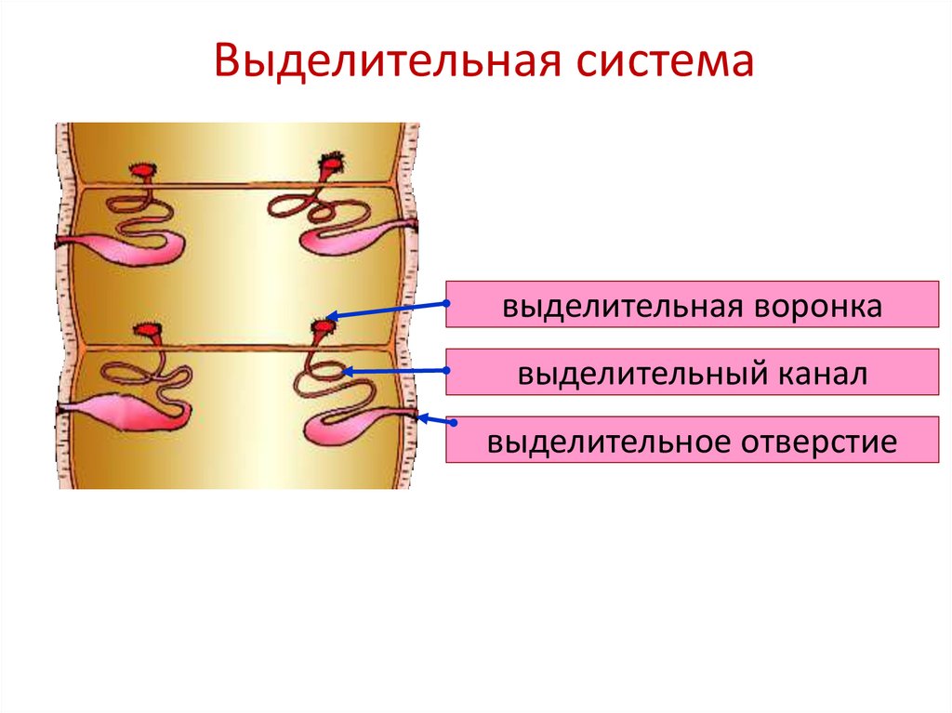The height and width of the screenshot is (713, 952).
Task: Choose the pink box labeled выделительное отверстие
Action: pyautogui.click(x=693, y=440)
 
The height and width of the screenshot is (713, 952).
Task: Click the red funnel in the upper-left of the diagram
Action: pyautogui.click(x=142, y=172)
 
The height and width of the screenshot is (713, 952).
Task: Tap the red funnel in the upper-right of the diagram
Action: pyautogui.click(x=331, y=165)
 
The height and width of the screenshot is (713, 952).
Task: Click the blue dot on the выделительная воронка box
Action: pyautogui.click(x=447, y=303)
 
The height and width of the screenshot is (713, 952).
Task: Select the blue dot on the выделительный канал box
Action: pyautogui.click(x=447, y=372)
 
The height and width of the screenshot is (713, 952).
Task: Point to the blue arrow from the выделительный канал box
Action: pyautogui.click(x=395, y=372)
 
